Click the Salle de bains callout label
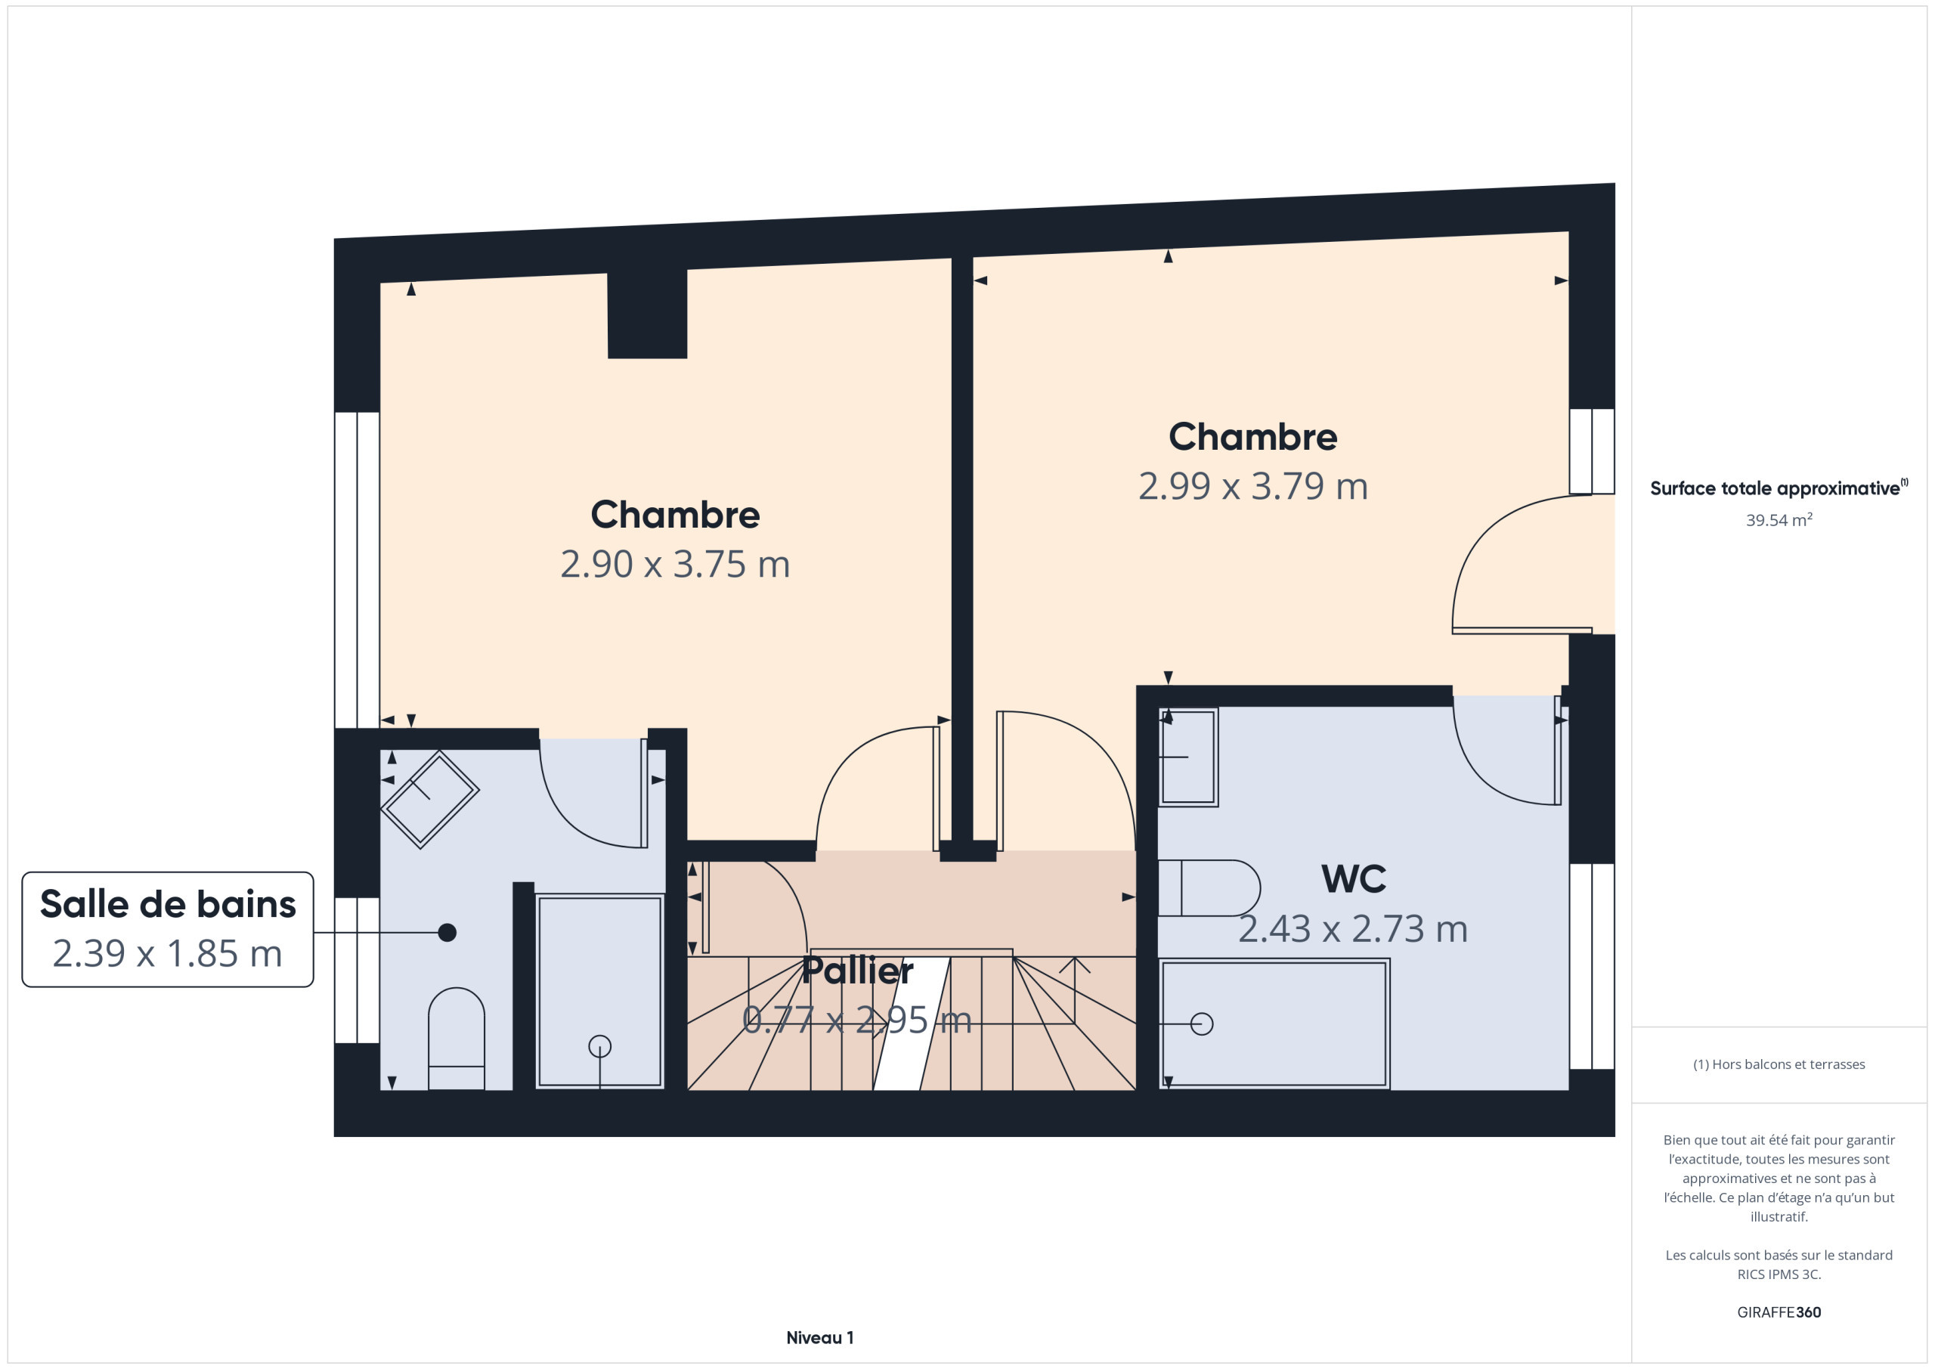(x=168, y=905)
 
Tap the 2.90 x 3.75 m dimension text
(x=675, y=565)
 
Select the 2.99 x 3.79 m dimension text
(x=1253, y=486)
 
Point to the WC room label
(x=1354, y=879)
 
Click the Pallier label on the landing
(x=857, y=971)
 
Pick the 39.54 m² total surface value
(x=1779, y=520)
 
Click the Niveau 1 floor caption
(x=820, y=1338)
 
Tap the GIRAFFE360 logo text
(x=1779, y=1312)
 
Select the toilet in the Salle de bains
(x=457, y=1039)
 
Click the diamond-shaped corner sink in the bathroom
(x=430, y=799)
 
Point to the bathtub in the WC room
(x=1274, y=1024)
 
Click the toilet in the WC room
(x=1209, y=887)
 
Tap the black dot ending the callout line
(x=447, y=932)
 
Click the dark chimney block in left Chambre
(x=647, y=314)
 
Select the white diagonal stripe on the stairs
(x=912, y=1024)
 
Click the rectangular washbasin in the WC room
(x=1188, y=757)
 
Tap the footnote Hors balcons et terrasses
(x=1779, y=1064)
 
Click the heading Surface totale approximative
(x=1775, y=489)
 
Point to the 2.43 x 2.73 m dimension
(x=1354, y=929)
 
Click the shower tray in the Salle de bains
(x=600, y=991)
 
